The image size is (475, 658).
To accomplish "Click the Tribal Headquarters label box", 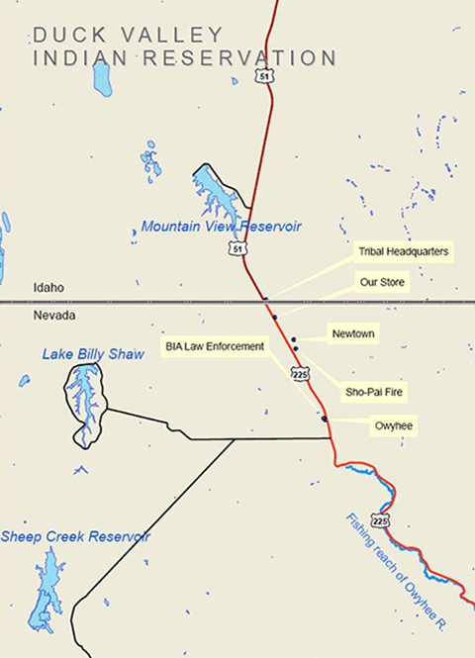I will click(403, 252).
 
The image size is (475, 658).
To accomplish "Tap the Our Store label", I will click(382, 282).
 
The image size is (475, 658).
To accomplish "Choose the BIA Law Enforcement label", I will click(216, 346).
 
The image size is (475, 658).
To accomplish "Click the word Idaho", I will click(48, 287).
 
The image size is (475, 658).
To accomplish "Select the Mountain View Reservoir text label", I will click(221, 227).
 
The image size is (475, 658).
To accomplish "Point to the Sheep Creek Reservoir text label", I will click(75, 536).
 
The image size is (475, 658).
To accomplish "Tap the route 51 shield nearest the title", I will click(261, 75).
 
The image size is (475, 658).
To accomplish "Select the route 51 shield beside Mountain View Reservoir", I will click(238, 248).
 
